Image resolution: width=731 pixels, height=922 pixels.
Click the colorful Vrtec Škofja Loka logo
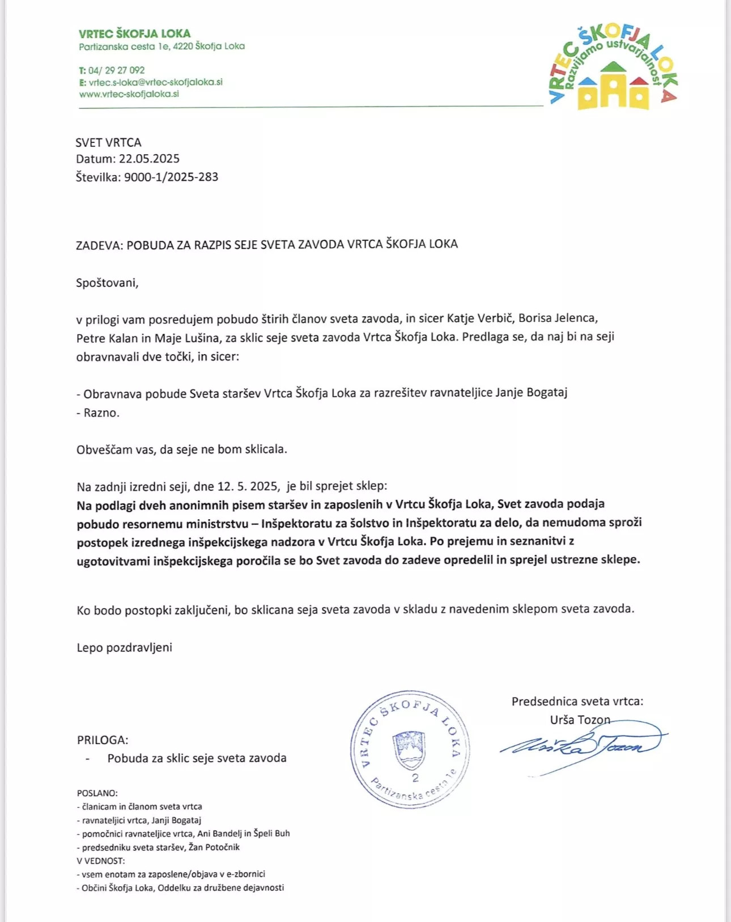pyautogui.click(x=614, y=69)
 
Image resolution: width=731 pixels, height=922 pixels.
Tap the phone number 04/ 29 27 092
pyautogui.click(x=116, y=70)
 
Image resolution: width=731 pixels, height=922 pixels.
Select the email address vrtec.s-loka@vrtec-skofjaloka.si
pyautogui.click(x=155, y=82)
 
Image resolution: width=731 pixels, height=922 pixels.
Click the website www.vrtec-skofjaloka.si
pyautogui.click(x=129, y=94)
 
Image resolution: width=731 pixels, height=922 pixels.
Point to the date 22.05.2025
pyautogui.click(x=149, y=159)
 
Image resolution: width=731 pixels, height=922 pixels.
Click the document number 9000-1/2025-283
pyautogui.click(x=171, y=177)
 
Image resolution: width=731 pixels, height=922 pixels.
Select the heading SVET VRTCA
pyautogui.click(x=109, y=142)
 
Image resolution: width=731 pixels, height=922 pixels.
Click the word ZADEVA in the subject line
pyautogui.click(x=99, y=245)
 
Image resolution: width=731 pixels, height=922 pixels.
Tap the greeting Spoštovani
pyautogui.click(x=107, y=283)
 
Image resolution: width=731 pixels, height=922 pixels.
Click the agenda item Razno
pyautogui.click(x=101, y=413)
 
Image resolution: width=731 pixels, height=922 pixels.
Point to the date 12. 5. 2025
pyautogui.click(x=248, y=486)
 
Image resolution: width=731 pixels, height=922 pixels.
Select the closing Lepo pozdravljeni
pyautogui.click(x=125, y=647)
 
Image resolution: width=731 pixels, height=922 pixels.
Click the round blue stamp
pyautogui.click(x=410, y=750)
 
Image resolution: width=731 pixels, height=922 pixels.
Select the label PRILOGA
pyautogui.click(x=103, y=740)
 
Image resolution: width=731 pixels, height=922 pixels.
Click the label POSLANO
pyautogui.click(x=97, y=793)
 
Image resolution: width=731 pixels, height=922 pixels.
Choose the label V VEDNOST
pyautogui.click(x=101, y=861)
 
